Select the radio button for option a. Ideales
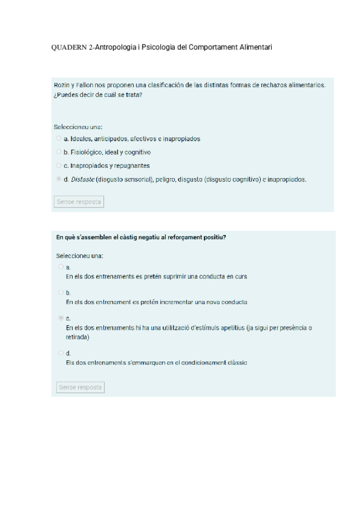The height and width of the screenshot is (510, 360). (x=58, y=138)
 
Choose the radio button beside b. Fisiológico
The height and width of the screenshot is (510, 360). (x=58, y=152)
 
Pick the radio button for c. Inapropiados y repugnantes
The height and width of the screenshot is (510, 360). (x=58, y=165)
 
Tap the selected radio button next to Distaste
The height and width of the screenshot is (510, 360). (x=58, y=179)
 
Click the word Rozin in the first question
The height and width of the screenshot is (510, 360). (x=62, y=85)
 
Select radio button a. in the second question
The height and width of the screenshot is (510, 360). (x=61, y=266)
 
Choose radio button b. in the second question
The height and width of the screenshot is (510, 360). (x=61, y=292)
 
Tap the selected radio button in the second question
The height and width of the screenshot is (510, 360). (x=61, y=318)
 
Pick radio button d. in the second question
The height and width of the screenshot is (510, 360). (x=61, y=352)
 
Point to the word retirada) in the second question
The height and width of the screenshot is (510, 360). (x=78, y=337)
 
